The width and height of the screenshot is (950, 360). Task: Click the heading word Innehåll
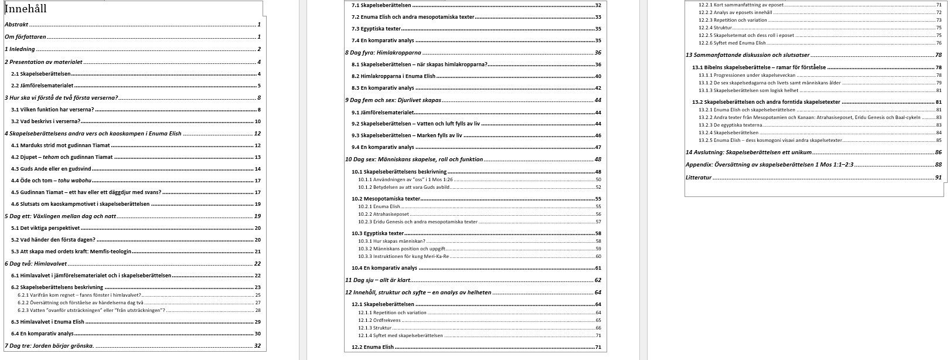tap(25, 9)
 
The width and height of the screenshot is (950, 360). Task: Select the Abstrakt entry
tap(16, 25)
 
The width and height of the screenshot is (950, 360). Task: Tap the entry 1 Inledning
tap(20, 49)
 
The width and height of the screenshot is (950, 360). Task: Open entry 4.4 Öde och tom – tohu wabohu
tap(51, 181)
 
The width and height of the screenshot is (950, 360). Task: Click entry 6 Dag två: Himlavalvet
tap(38, 264)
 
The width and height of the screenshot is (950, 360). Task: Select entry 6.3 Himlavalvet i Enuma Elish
tap(48, 322)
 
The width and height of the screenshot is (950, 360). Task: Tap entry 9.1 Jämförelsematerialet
tap(383, 113)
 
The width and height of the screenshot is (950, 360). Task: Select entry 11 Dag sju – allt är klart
tap(377, 280)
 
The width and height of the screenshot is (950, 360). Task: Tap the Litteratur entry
tap(699, 177)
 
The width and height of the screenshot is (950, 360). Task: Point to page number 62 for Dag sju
tap(598, 280)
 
